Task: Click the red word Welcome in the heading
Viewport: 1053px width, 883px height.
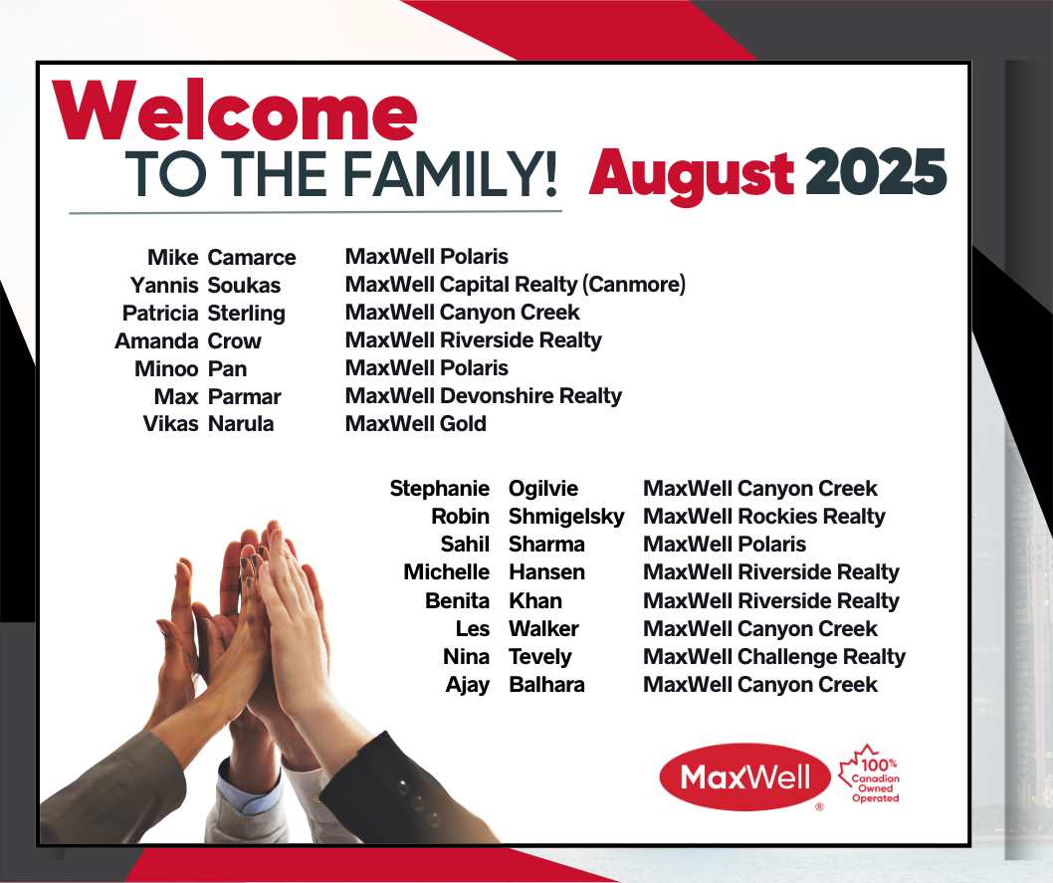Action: pos(234,110)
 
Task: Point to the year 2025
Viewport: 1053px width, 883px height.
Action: pos(876,171)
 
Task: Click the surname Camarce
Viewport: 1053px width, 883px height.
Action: pos(252,257)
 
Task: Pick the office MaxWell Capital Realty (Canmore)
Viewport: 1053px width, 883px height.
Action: pos(516,285)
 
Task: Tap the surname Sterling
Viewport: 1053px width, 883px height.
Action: pos(247,314)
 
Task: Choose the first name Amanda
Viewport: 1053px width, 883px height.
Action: pos(156,341)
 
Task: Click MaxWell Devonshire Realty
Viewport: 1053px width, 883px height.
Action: pos(484,396)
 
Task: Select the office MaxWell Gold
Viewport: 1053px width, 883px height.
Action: pos(416,424)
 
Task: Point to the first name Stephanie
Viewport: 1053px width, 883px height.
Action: pos(440,489)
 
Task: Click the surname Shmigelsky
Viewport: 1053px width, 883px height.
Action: pos(566,517)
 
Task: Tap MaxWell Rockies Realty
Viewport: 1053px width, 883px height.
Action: pos(764,517)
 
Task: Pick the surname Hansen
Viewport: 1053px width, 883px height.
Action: pos(547,572)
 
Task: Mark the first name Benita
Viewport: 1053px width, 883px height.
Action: pos(458,601)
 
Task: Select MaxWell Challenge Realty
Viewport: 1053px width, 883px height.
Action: pos(774,657)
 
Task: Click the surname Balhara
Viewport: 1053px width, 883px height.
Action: pos(547,685)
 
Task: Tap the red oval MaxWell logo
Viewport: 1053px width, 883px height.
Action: pos(745,776)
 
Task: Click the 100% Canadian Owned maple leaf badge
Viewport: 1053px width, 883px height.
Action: pos(870,774)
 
